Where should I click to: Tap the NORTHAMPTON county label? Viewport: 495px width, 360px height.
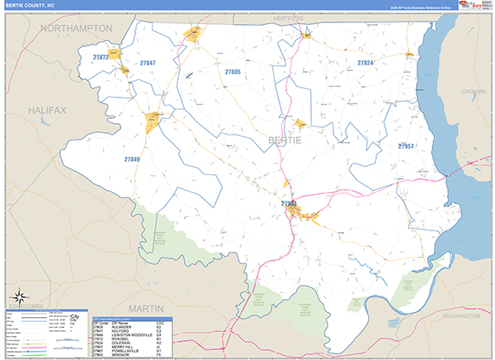tap(77, 28)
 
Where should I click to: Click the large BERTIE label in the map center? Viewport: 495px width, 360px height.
tap(285, 141)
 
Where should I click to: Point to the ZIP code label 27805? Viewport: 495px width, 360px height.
tap(232, 72)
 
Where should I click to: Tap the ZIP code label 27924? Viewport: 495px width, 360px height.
tap(365, 63)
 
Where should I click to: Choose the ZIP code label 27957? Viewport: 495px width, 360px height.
tap(405, 146)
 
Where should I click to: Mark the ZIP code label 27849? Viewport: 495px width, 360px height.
tap(132, 159)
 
